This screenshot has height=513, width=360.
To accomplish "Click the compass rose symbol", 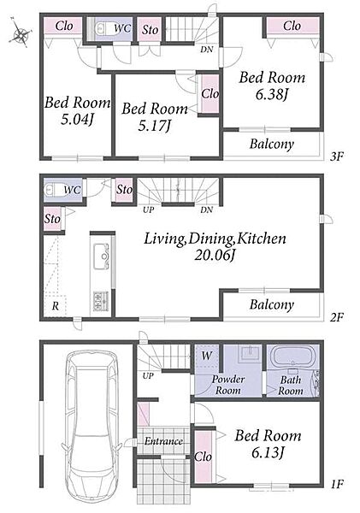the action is pyautogui.click(x=21, y=33).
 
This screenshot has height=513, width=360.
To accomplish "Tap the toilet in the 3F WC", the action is pyautogui.click(x=102, y=28).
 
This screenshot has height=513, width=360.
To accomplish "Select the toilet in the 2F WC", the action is pyautogui.click(x=52, y=190).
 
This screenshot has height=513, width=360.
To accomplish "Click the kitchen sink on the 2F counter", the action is pyautogui.click(x=101, y=256).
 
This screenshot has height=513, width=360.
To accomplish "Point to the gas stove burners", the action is pyautogui.click(x=101, y=300).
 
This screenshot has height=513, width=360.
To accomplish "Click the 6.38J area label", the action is pyautogui.click(x=272, y=95).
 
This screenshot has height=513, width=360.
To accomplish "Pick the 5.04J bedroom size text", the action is pyautogui.click(x=77, y=120).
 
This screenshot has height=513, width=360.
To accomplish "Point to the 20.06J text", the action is pyautogui.click(x=215, y=255).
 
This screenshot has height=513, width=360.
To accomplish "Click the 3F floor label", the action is pyautogui.click(x=336, y=156).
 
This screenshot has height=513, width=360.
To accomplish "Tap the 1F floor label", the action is pyautogui.click(x=336, y=484).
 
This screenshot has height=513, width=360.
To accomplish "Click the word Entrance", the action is pyautogui.click(x=163, y=441).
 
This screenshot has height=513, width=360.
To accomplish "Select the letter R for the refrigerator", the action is pyautogui.click(x=56, y=306).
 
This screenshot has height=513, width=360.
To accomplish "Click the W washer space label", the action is pyautogui.click(x=207, y=356).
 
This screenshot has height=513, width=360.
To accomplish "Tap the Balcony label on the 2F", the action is pyautogui.click(x=272, y=304).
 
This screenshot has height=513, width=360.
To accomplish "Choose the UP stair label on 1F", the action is pyautogui.click(x=148, y=376).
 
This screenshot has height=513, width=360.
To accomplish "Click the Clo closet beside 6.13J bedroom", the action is pyautogui.click(x=203, y=457).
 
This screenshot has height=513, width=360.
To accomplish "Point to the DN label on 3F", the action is pyautogui.click(x=207, y=50).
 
